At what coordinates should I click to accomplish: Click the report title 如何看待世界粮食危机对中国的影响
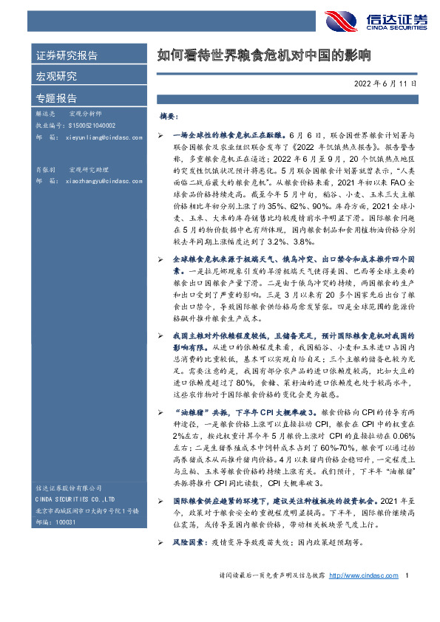pos(263,55)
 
